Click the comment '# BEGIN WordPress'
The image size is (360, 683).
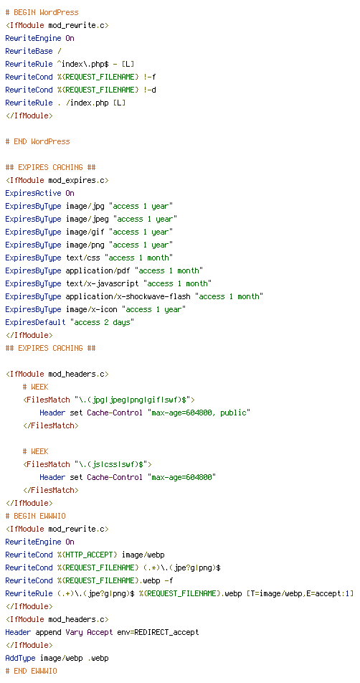(x=42, y=13)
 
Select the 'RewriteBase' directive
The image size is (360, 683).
(x=29, y=52)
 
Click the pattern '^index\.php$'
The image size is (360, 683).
(x=82, y=65)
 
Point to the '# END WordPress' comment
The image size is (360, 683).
(x=38, y=141)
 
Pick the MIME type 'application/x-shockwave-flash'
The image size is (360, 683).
(x=128, y=296)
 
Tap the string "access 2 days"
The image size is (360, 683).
(x=103, y=322)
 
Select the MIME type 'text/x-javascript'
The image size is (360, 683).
(x=103, y=283)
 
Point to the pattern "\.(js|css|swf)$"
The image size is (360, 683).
(x=113, y=464)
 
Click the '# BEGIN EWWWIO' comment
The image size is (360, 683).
(x=36, y=516)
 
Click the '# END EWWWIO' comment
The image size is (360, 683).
(x=32, y=672)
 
